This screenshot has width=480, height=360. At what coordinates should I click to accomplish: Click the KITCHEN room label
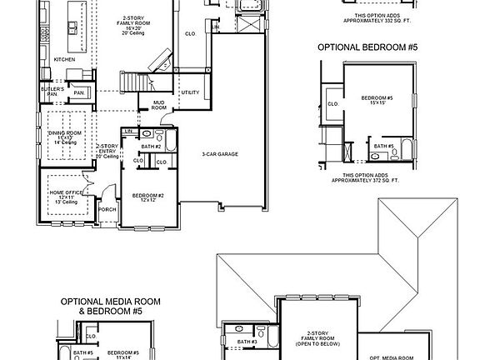pyautogui.click(x=65, y=61)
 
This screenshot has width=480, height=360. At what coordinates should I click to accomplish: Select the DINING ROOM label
pyautogui.click(x=64, y=136)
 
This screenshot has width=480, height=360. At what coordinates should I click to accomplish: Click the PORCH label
pyautogui.click(x=107, y=209)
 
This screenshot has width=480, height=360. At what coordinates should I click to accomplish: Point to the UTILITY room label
pyautogui.click(x=190, y=92)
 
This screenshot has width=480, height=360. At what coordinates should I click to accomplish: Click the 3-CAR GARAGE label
pyautogui.click(x=221, y=154)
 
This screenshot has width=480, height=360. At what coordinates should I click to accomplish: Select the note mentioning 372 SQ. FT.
pyautogui.click(x=367, y=178)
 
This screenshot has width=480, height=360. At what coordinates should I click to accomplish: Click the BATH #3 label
pyautogui.click(x=247, y=342)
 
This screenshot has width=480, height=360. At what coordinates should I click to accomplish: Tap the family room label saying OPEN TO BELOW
pyautogui.click(x=314, y=337)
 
